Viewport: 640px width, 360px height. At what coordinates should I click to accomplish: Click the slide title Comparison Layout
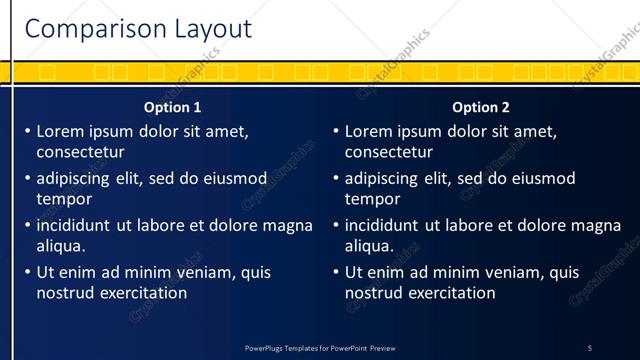138,29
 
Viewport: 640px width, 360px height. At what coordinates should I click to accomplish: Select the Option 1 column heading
172,107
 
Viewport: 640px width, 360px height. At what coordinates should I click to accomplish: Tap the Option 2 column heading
481,107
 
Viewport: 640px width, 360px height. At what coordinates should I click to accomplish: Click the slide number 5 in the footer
589,348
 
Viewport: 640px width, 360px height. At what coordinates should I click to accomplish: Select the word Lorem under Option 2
368,131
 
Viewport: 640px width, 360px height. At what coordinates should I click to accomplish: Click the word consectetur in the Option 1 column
80,153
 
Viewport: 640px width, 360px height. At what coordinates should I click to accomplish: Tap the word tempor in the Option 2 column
372,199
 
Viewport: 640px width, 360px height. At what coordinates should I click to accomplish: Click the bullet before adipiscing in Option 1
27,179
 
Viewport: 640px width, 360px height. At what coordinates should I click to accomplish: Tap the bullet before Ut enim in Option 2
335,272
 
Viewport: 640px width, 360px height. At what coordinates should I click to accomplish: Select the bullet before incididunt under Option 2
335,226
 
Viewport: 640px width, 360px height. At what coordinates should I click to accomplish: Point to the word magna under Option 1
286,225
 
